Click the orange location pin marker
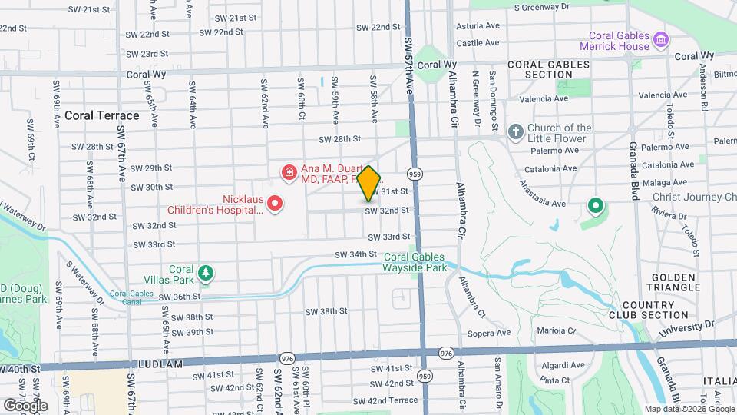[x=369, y=183]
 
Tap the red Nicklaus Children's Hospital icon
[x=274, y=204]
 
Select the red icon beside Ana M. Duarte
[x=289, y=173]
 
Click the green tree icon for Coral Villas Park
[x=205, y=273]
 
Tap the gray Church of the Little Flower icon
[x=514, y=133]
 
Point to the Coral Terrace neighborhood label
[x=101, y=115]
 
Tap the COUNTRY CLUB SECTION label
[x=659, y=309]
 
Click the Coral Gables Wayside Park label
[x=415, y=263]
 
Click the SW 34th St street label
[x=355, y=254]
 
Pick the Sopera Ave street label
[x=489, y=333]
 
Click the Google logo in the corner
[x=25, y=405]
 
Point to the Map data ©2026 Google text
[x=689, y=409]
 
